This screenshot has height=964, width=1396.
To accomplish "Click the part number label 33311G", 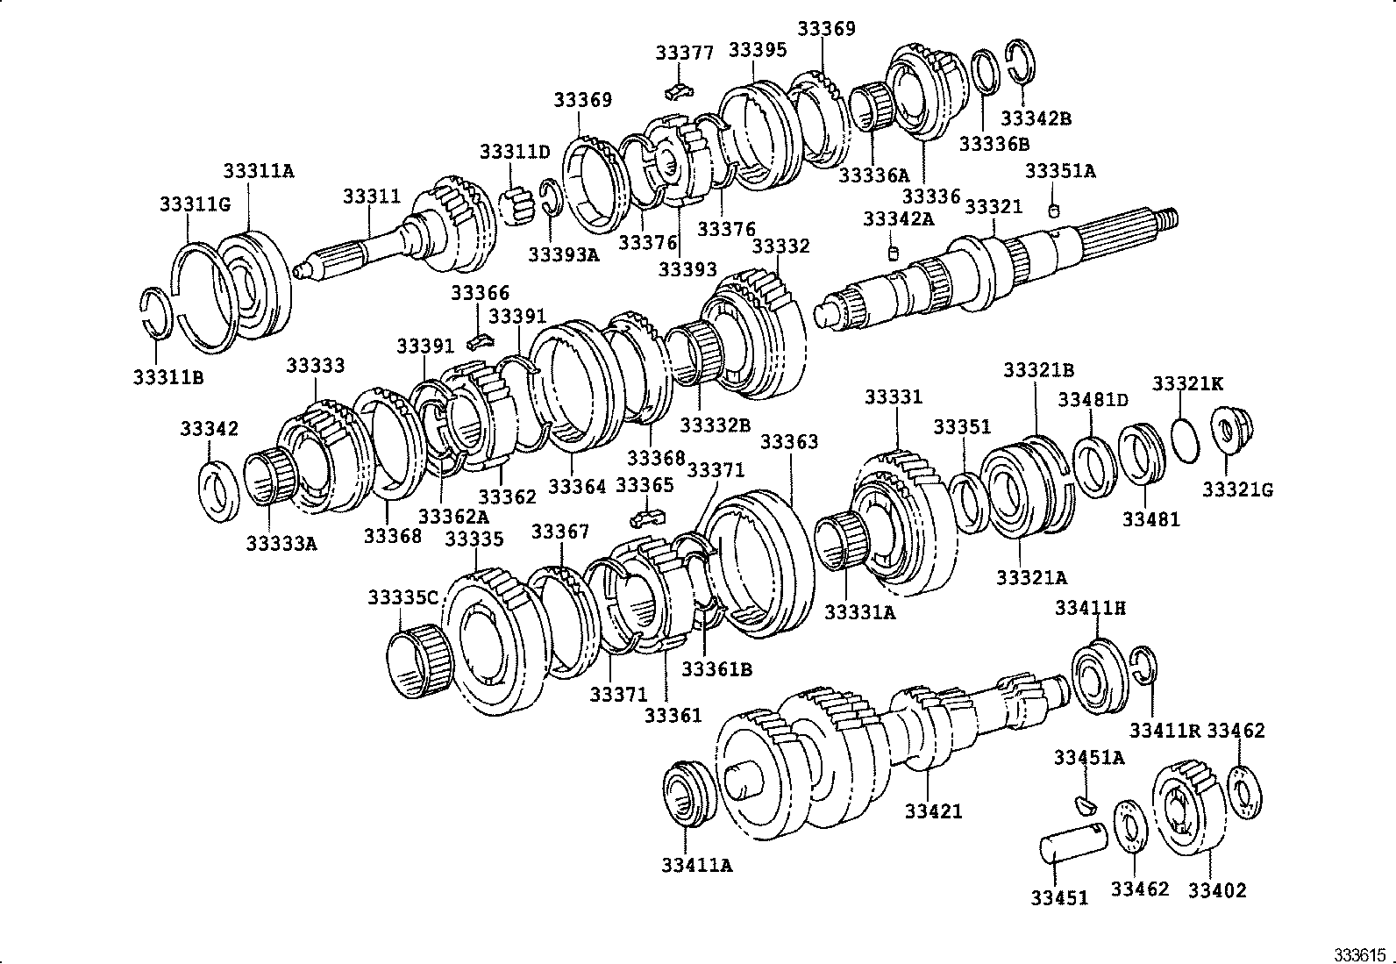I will click(x=194, y=204).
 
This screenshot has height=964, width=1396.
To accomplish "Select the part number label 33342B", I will click(x=1036, y=118).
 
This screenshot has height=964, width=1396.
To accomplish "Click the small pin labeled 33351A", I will click(x=1056, y=209).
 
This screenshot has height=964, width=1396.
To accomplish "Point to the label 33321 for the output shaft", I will click(x=993, y=207).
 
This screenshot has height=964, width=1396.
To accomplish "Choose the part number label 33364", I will click(x=576, y=485).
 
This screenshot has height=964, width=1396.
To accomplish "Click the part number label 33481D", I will click(x=1092, y=400).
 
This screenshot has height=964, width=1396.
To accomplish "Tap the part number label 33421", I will click(x=933, y=811).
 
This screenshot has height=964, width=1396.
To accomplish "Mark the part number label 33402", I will click(x=1216, y=889).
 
